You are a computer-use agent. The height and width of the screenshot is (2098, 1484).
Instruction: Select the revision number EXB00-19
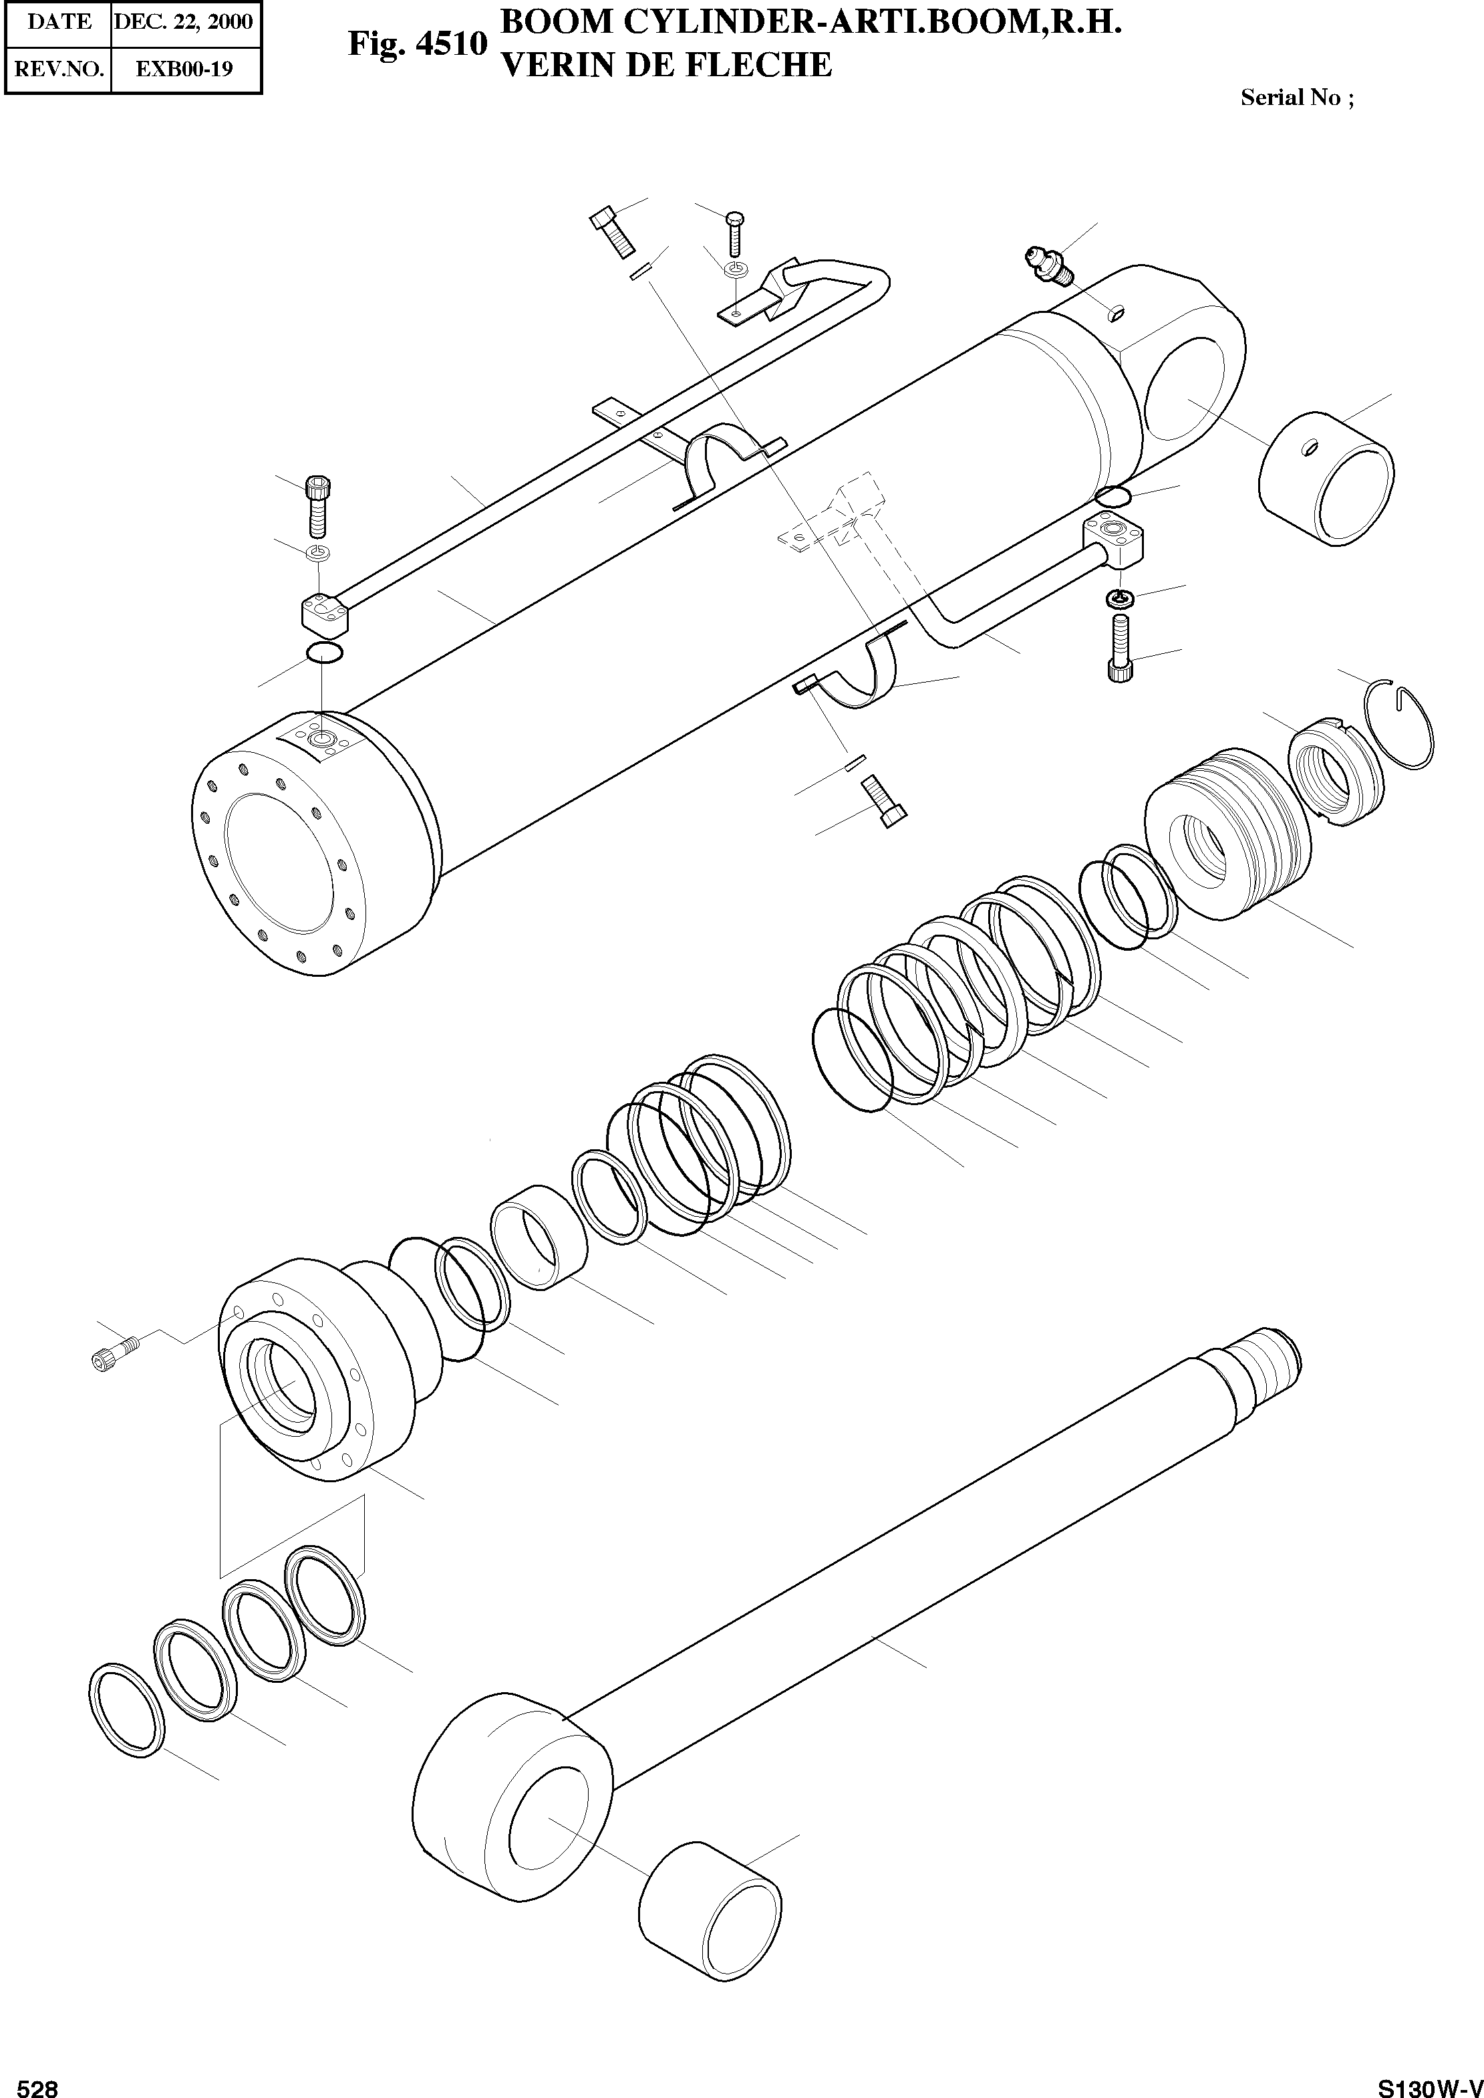184,69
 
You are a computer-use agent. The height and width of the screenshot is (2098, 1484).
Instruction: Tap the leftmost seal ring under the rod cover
127,1709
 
